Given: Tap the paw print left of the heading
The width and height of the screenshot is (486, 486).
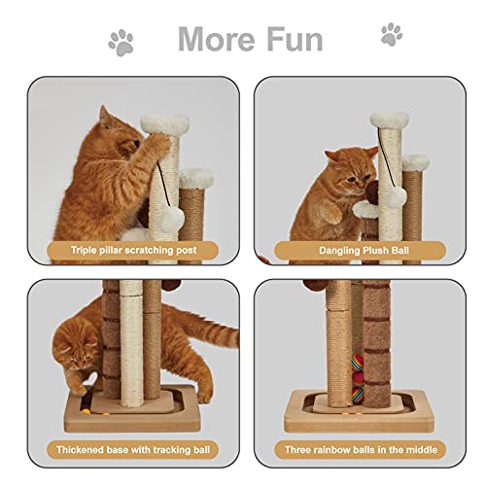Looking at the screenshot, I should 122,41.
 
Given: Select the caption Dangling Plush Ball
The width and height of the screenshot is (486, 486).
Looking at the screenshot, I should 353,249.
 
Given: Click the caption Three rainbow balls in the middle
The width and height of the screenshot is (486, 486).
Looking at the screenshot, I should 353,450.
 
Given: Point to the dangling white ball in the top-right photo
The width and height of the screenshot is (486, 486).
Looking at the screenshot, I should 395,195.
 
